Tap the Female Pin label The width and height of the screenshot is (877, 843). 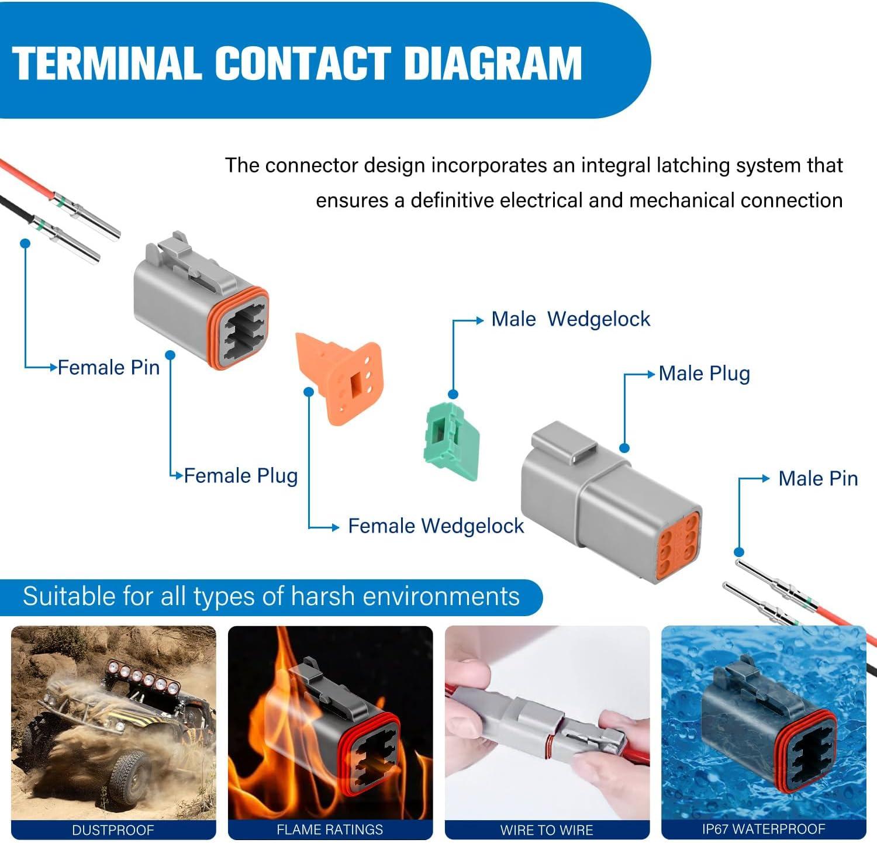coord(109,368)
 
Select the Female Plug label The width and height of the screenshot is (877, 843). coord(241,476)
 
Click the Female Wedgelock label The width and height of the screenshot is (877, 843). coord(436,526)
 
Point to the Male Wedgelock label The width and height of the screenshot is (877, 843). coord(571,319)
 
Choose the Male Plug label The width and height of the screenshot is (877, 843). coord(704,374)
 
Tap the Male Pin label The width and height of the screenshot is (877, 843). coord(818,479)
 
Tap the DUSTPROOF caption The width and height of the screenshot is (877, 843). coord(113,830)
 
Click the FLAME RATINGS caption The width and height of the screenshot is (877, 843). coord(330,830)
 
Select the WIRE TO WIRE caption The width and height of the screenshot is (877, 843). coord(547,830)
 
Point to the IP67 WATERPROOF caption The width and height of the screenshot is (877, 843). coord(764,829)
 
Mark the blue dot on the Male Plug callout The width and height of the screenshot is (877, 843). coord(624,448)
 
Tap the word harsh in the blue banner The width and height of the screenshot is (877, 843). coord(323,597)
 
